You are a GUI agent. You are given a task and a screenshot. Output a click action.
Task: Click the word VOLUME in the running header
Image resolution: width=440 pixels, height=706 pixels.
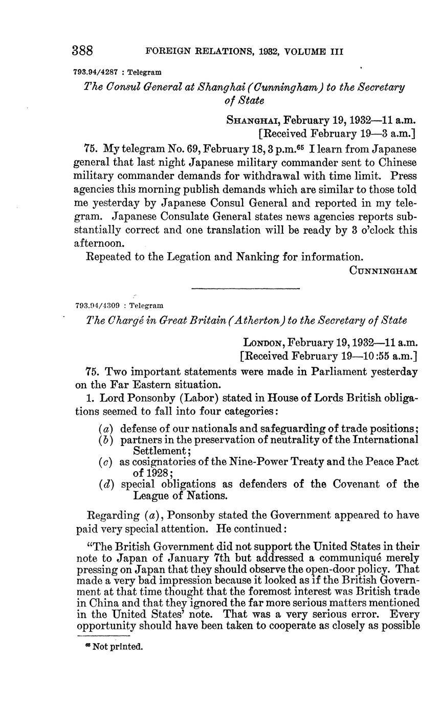pos(303,52)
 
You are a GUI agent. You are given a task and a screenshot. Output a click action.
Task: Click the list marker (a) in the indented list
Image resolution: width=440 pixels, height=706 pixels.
pos(106,428)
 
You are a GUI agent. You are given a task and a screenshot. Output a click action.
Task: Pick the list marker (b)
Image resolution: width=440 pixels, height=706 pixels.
pos(106,439)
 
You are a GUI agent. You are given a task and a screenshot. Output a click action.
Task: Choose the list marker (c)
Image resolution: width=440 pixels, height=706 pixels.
pos(106,462)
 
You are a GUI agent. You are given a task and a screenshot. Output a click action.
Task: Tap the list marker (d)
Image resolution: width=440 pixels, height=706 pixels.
pos(106,484)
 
